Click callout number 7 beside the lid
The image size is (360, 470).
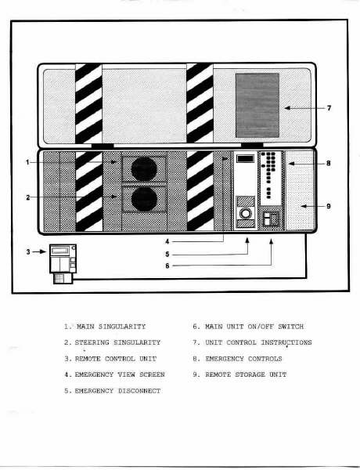tap(329, 108)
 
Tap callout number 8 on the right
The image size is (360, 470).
tap(329, 164)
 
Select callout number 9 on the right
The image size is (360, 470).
tap(329, 206)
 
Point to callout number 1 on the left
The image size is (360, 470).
tap(27, 162)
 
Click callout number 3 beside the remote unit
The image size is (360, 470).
tap(28, 251)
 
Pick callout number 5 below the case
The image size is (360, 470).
tap(167, 254)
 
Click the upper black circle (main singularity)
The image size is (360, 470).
tap(144, 169)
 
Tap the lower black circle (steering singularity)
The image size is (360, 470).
tap(144, 199)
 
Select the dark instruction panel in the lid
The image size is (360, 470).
tap(257, 105)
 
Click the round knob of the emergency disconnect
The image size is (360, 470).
tap(246, 213)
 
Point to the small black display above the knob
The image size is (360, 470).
tap(245, 158)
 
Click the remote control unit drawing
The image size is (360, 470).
tap(63, 264)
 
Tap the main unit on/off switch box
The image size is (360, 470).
tap(271, 219)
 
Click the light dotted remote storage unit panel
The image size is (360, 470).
tap(300, 190)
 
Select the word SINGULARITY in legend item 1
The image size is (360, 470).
tap(122, 327)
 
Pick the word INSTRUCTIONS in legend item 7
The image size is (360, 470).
tap(286, 342)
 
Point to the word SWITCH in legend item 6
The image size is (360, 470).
tap(291, 327)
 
